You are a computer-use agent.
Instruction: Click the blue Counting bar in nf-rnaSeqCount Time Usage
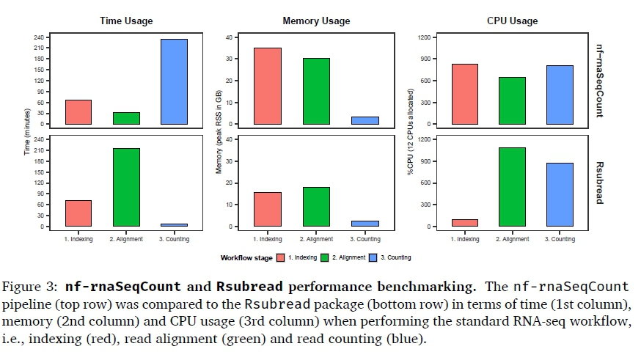click(x=174, y=81)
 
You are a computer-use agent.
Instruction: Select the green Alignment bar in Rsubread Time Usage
click(x=126, y=187)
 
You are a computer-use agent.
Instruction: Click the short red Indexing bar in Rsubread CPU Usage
click(x=465, y=222)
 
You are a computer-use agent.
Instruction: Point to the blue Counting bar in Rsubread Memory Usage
click(x=365, y=223)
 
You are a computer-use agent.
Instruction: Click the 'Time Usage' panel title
click(x=126, y=21)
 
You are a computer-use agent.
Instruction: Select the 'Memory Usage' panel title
click(x=316, y=21)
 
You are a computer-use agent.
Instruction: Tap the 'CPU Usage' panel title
click(x=512, y=21)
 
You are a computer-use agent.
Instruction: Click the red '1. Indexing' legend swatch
click(x=280, y=257)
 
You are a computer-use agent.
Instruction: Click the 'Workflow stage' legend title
click(x=246, y=258)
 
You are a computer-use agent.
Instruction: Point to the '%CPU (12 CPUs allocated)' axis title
click(x=411, y=132)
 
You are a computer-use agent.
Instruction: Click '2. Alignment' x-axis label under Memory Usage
click(x=317, y=239)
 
